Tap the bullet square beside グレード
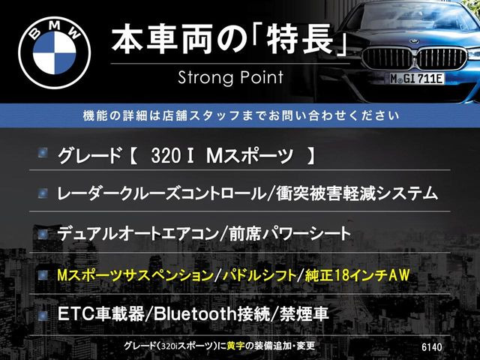[x=43, y=155]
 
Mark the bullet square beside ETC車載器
[x=43, y=312]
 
